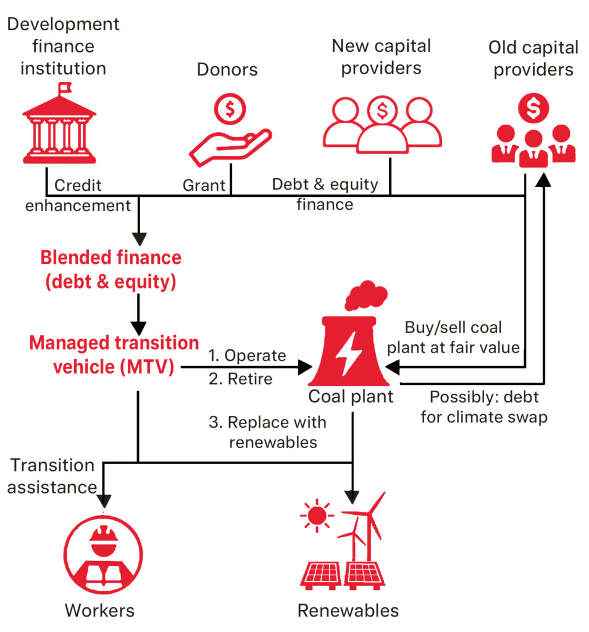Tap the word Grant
click(x=204, y=185)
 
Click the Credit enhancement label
click(x=78, y=195)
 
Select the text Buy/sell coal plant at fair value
click(x=462, y=337)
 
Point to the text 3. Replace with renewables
click(x=267, y=432)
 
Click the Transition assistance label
click(x=52, y=476)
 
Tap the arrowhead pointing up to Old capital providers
click(x=543, y=181)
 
